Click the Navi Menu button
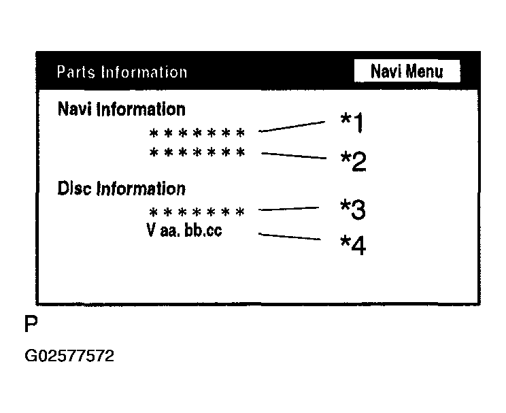(407, 71)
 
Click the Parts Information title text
(122, 72)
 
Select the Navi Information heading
(122, 109)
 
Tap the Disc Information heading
(122, 188)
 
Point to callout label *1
(352, 123)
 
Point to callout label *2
(353, 161)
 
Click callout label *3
(353, 210)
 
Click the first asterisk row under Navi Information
(197, 133)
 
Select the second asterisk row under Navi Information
(197, 152)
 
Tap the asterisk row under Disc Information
(197, 212)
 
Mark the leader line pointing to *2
(294, 156)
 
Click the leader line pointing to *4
(290, 237)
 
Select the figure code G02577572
(69, 356)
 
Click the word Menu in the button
(425, 71)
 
